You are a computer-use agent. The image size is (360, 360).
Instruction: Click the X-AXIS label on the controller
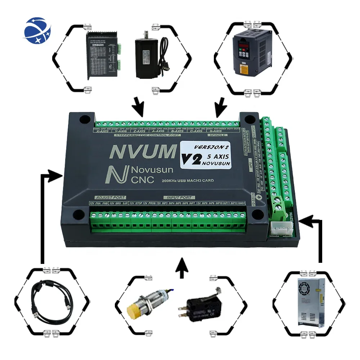(x=103, y=131)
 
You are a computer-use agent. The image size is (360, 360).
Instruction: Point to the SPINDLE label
(x=218, y=135)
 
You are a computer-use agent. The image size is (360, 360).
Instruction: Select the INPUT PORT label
(x=180, y=197)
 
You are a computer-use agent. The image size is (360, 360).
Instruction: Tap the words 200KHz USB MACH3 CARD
(x=188, y=180)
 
